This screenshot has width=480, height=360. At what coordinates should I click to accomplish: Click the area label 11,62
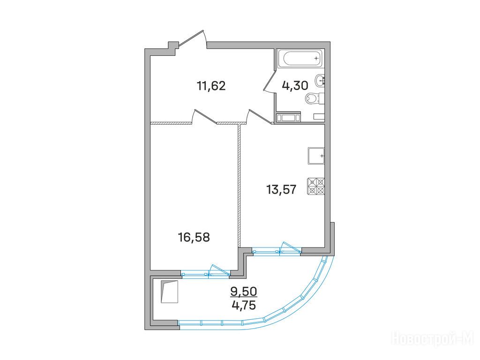211,86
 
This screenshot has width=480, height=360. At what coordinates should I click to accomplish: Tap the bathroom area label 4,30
295,86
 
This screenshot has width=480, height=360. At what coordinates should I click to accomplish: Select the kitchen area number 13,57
281,190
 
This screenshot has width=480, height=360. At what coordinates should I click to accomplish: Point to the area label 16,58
194,237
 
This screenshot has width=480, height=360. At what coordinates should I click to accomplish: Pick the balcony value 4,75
244,305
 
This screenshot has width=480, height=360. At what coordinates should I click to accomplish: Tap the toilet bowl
314,98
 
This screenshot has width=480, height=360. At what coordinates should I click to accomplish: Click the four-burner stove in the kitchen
316,186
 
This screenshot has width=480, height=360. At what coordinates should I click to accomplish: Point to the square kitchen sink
316,156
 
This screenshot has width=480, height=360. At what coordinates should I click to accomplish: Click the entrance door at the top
192,39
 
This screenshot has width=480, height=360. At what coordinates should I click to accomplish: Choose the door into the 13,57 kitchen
259,117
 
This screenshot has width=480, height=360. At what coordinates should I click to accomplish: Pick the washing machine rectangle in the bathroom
288,118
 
